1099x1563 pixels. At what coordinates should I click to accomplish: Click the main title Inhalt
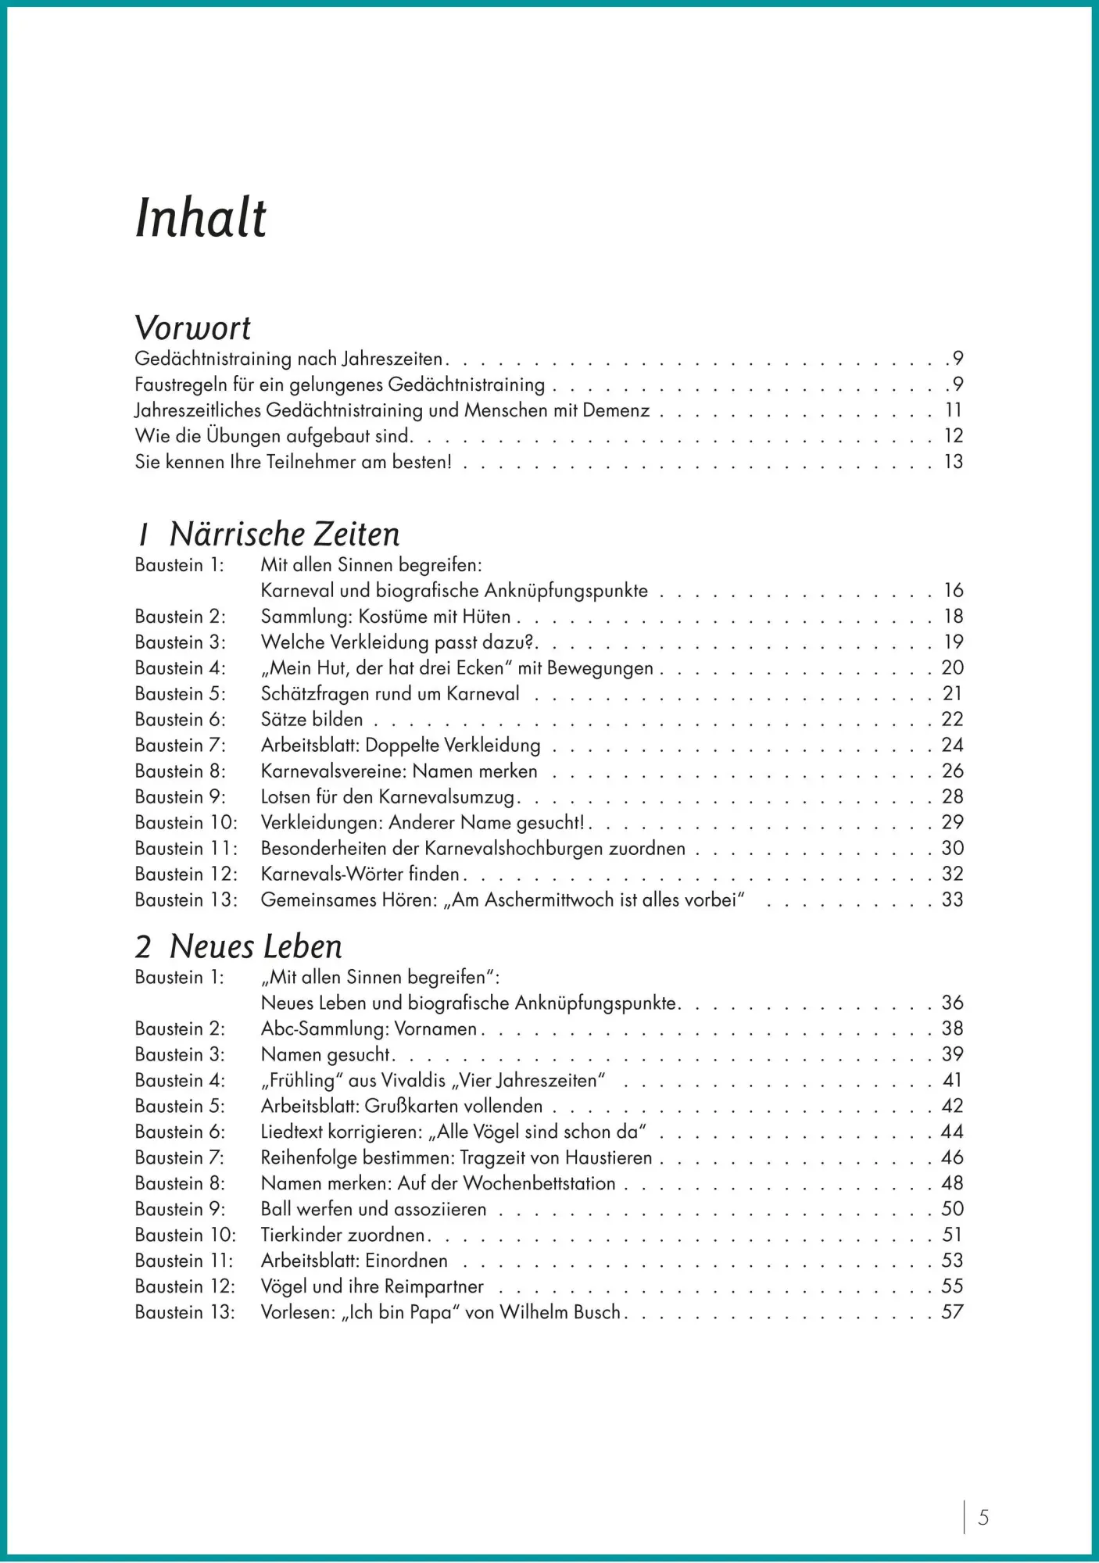tap(201, 218)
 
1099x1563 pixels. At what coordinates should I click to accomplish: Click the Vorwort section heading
tap(192, 328)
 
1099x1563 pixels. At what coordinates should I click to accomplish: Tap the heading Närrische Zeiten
tap(284, 535)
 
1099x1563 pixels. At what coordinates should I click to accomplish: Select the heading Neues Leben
tap(256, 946)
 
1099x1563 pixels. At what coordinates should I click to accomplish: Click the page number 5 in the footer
tap(983, 1518)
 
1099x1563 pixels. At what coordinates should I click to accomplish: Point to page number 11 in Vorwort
tap(953, 410)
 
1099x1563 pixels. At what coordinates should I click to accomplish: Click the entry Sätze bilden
tap(312, 720)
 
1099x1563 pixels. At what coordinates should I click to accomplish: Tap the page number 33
tap(952, 900)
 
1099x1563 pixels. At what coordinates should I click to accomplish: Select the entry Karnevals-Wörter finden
tap(360, 874)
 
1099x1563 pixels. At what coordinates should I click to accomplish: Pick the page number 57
tap(952, 1312)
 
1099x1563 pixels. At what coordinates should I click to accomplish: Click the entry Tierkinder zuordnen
tap(343, 1235)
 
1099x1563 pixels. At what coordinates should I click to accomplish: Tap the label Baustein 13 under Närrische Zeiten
tap(185, 900)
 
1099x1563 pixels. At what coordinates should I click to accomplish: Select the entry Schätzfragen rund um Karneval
tap(390, 694)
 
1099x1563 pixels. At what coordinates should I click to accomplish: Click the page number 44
tap(952, 1132)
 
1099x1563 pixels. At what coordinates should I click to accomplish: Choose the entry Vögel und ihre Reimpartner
tap(372, 1286)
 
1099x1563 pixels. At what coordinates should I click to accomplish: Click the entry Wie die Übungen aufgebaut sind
tap(273, 436)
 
